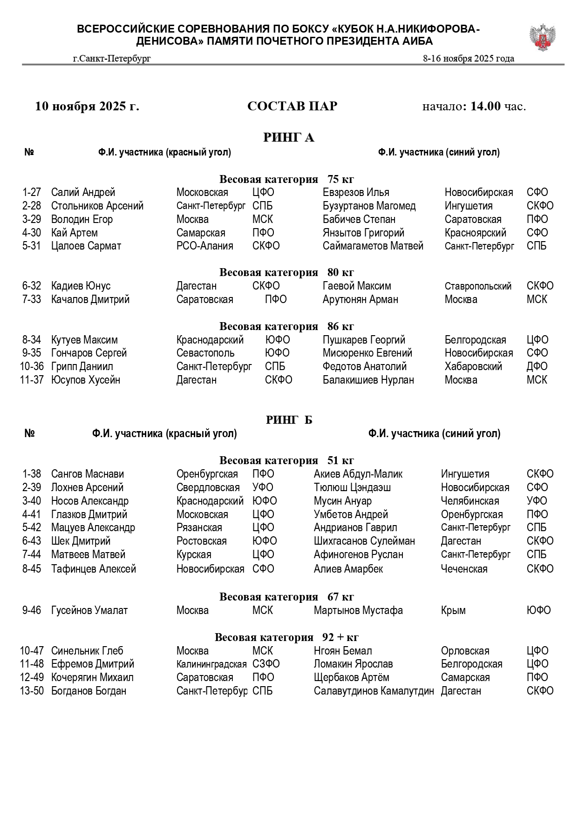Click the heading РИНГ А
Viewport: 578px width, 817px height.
point(289,137)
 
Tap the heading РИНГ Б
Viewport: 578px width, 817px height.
point(289,420)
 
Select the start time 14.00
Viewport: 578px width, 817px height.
point(485,106)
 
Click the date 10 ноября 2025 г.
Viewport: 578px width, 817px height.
point(87,106)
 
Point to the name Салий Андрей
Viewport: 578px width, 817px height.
point(83,192)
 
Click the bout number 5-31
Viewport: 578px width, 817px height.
point(32,246)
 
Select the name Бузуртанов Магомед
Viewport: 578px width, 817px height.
point(369,206)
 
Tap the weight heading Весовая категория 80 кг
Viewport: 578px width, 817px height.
point(287,272)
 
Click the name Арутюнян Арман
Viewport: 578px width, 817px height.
point(360,299)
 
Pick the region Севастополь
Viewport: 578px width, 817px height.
point(205,353)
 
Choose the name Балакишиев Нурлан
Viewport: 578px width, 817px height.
point(368,380)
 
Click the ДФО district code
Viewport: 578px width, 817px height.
point(537,366)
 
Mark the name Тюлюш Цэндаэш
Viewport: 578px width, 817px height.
point(352,487)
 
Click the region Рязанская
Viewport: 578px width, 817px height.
point(199,527)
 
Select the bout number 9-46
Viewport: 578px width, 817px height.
point(32,610)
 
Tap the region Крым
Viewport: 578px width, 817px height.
point(453,610)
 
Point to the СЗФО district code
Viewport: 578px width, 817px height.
point(266,664)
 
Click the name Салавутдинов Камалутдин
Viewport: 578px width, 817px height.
point(374,691)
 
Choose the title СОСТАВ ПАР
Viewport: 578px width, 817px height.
point(292,106)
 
